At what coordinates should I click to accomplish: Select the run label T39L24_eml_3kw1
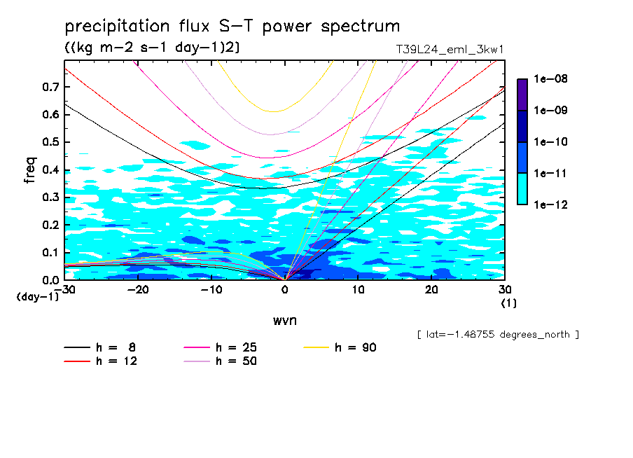(450, 49)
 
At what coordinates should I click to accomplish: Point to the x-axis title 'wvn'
(284, 320)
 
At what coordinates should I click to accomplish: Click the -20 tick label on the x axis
(138, 290)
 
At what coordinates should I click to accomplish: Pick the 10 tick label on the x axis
(358, 290)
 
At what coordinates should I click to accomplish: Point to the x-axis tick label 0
(284, 290)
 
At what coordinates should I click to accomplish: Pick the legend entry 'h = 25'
(236, 347)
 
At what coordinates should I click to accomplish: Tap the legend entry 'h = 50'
(236, 361)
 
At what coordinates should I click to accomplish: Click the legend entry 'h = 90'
(356, 347)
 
